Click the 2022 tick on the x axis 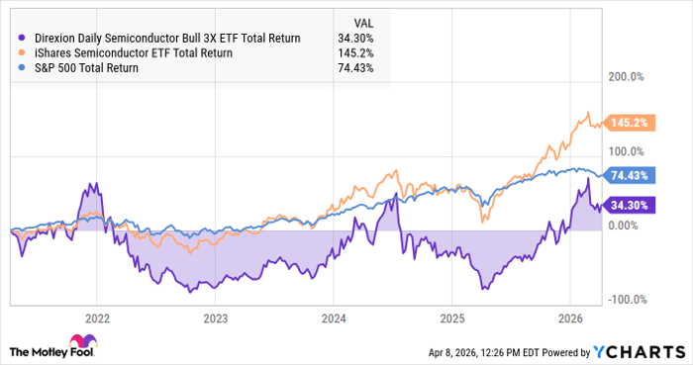point(97,319)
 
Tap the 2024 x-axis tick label point(334,319)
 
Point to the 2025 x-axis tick point(451,319)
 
